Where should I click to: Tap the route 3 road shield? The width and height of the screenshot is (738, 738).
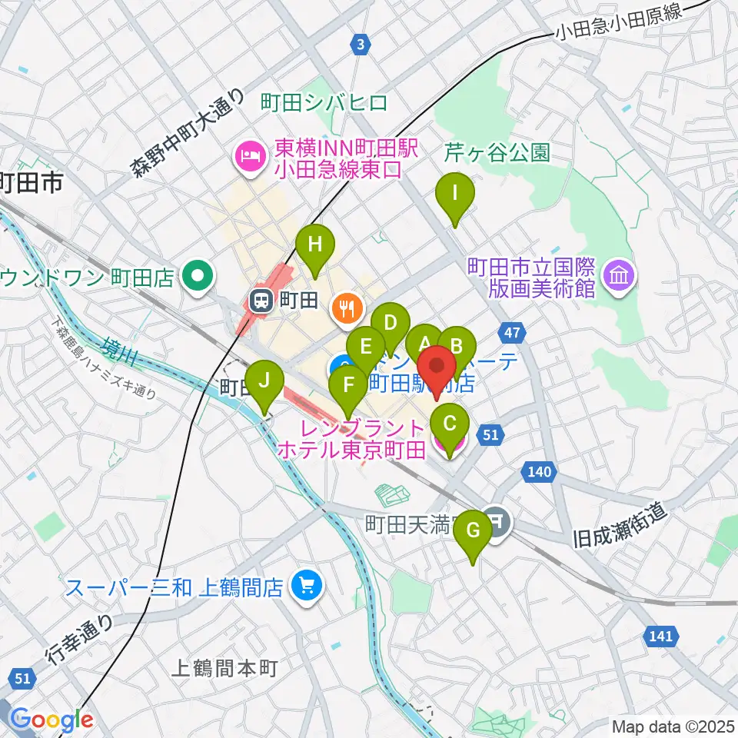pyautogui.click(x=360, y=45)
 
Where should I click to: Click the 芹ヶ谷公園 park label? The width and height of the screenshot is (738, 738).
pyautogui.click(x=497, y=153)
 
